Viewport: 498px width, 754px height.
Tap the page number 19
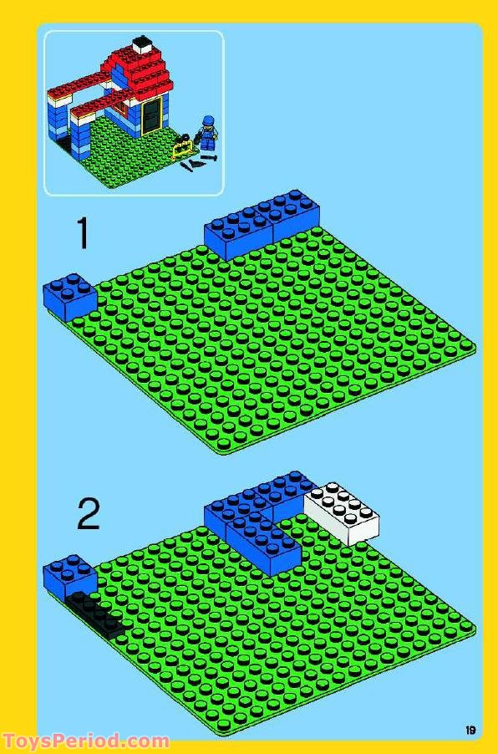coord(471,730)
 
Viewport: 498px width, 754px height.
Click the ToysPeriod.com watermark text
coord(86,741)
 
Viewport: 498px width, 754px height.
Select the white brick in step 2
coord(343,512)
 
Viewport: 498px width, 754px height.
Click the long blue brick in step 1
coord(261,223)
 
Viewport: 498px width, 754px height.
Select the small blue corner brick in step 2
coord(70,574)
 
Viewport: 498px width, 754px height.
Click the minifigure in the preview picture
coord(206,138)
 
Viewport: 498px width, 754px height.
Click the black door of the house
coord(152,115)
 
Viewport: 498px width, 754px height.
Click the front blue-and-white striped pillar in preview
coord(80,134)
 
